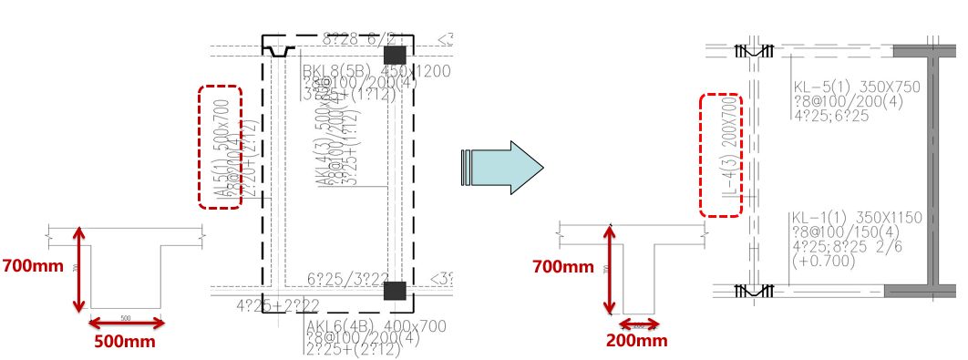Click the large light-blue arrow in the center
[x=504, y=167]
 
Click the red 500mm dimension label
[x=125, y=342]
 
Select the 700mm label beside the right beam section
[x=563, y=267]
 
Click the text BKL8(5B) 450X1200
[x=378, y=71]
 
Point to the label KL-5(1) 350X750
[x=857, y=87]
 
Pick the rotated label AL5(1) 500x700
[x=220, y=148]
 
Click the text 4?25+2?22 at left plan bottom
[x=278, y=304]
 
